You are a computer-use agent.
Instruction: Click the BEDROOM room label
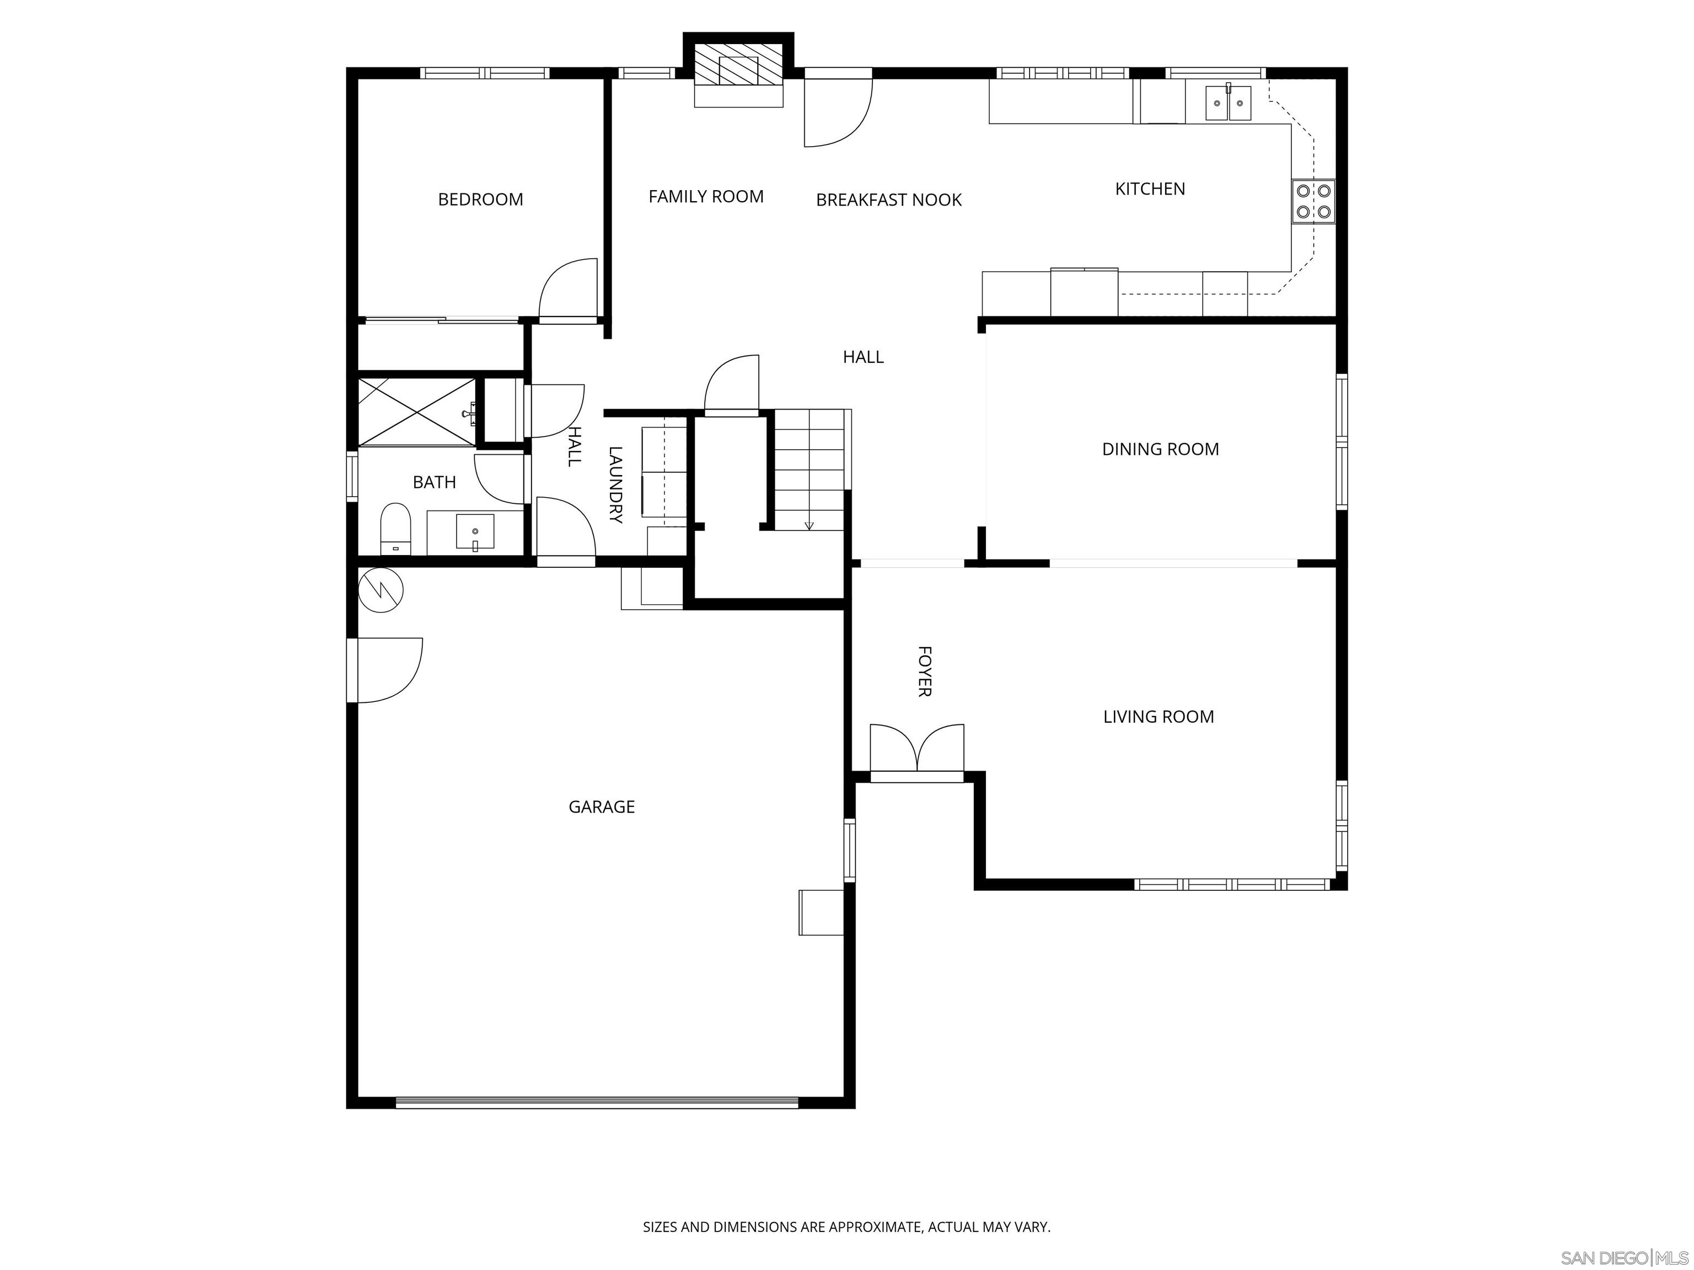point(480,200)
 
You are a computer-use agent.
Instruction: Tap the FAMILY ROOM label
point(705,197)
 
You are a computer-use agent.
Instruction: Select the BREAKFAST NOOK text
point(888,200)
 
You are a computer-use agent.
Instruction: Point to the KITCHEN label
point(1150,189)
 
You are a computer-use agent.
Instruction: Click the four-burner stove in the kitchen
point(1312,201)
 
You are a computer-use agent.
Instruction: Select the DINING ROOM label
point(1160,449)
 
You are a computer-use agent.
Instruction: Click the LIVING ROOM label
point(1158,717)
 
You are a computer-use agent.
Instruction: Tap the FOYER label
point(924,671)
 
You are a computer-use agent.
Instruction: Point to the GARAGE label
point(601,806)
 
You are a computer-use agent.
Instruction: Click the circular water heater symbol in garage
point(380,589)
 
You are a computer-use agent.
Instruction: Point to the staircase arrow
point(810,524)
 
